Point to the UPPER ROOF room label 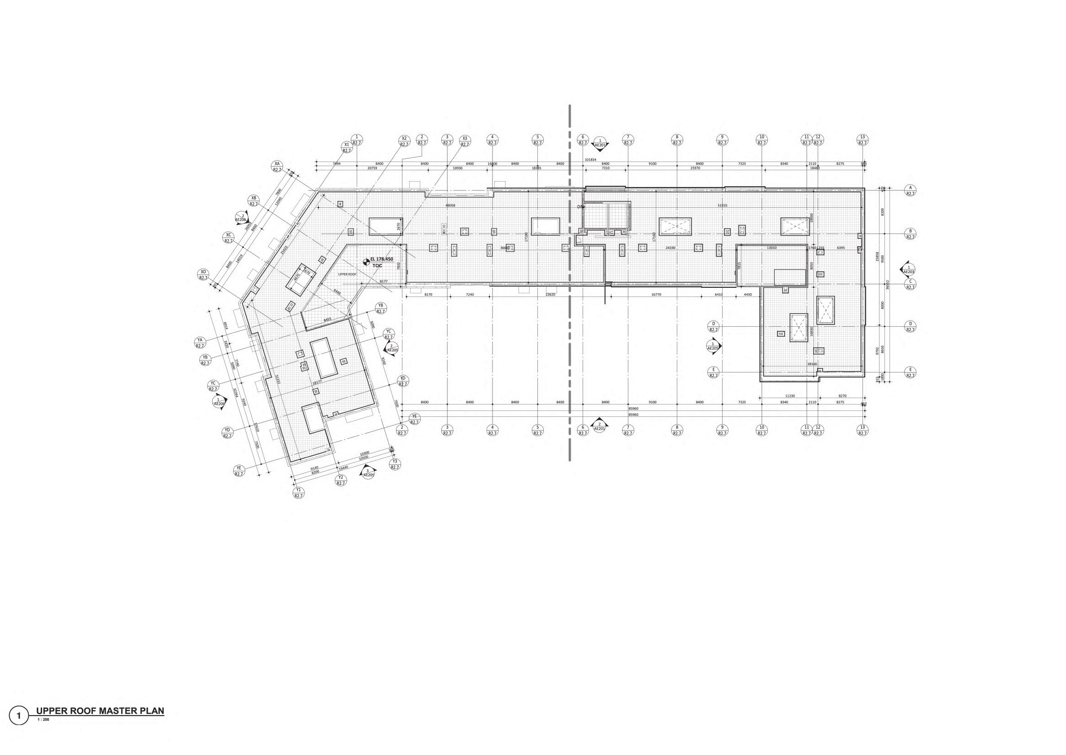pyautogui.click(x=346, y=274)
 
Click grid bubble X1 pyautogui.click(x=346, y=147)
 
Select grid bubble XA pyautogui.click(x=277, y=167)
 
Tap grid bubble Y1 pyautogui.click(x=298, y=493)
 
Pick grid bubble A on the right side pyautogui.click(x=910, y=190)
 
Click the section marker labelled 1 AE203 pyautogui.click(x=909, y=270)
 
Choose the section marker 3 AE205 pyautogui.click(x=368, y=473)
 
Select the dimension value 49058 pyautogui.click(x=450, y=205)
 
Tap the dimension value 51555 pyautogui.click(x=722, y=205)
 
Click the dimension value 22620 pyautogui.click(x=550, y=294)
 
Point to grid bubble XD pyautogui.click(x=203, y=275)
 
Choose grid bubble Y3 pyautogui.click(x=395, y=464)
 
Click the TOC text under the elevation pyautogui.click(x=377, y=265)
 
